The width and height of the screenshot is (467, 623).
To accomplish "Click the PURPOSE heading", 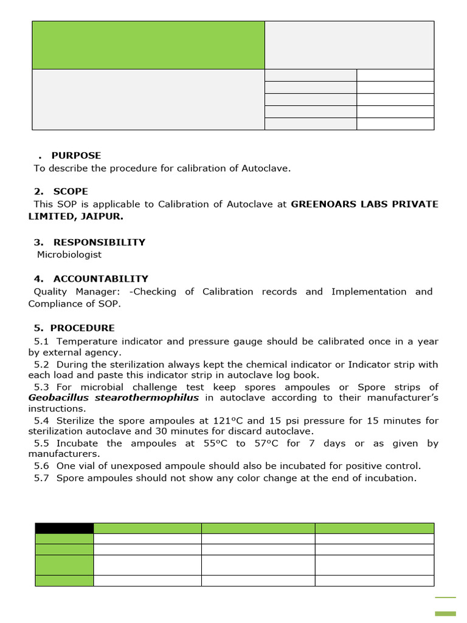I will [x=76, y=155].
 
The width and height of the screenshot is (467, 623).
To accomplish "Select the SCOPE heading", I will [x=71, y=191].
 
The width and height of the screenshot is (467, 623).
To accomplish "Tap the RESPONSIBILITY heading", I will [x=99, y=242].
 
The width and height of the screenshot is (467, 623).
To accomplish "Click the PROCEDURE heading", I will [x=82, y=328].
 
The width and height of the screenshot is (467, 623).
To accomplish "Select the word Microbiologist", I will [x=69, y=254].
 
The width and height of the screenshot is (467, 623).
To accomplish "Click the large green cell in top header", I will [x=148, y=45].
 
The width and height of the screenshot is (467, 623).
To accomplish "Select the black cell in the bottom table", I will [x=64, y=527].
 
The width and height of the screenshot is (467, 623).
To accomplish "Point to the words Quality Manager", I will [x=77, y=291].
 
